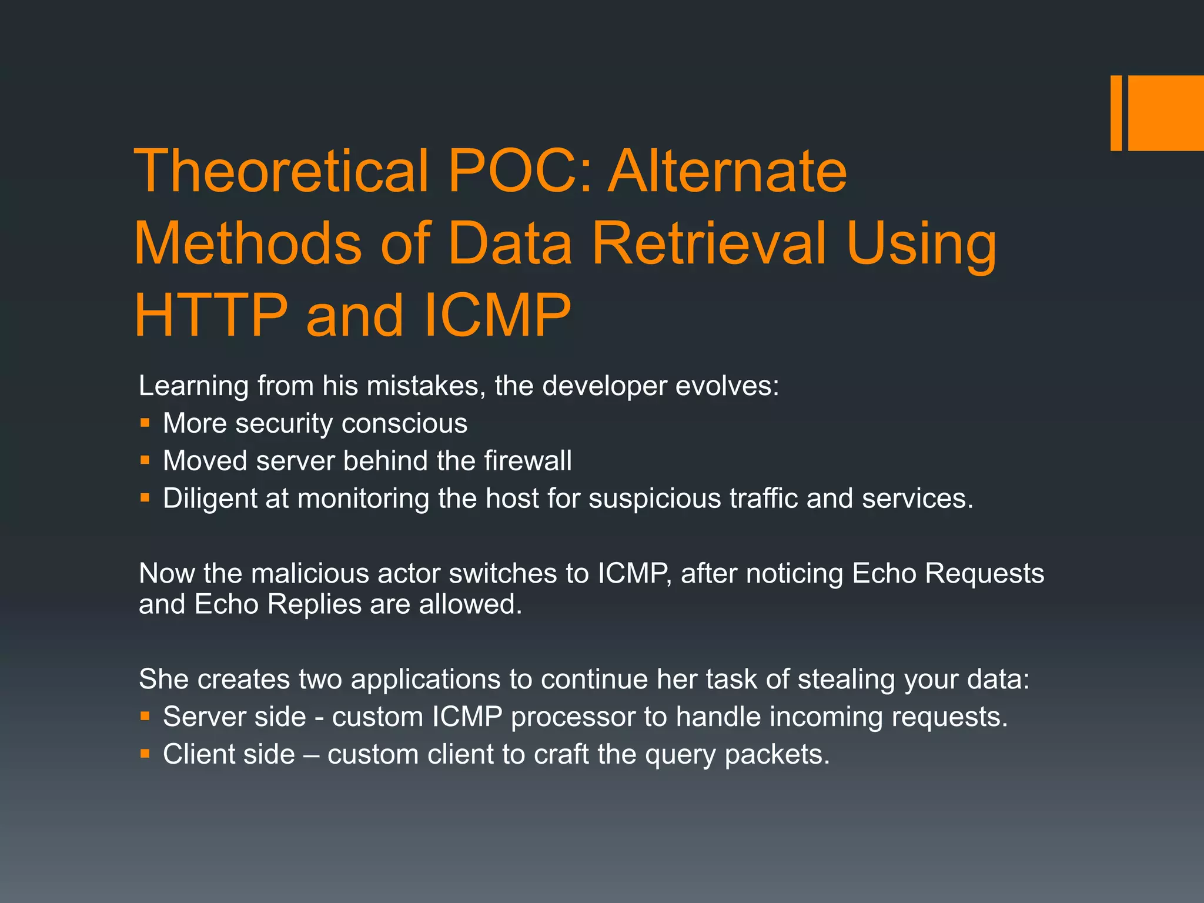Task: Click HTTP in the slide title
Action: pos(211,315)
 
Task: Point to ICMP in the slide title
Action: pos(496,315)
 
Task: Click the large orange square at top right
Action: pos(1165,113)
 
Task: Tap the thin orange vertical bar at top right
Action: pos(1116,113)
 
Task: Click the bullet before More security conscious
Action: pos(145,423)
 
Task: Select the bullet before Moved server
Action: pos(145,460)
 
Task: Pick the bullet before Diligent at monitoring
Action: pos(145,498)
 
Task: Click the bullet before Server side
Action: pos(145,716)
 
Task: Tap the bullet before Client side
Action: pos(145,754)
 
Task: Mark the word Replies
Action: pos(314,604)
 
